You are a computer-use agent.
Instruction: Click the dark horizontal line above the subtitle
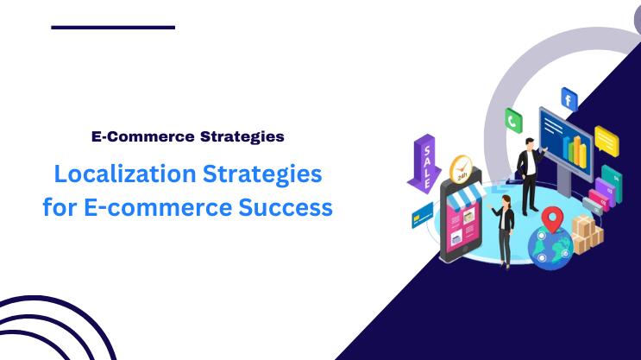click(x=113, y=27)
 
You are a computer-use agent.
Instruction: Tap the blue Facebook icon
click(x=569, y=98)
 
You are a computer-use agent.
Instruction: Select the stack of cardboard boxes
click(x=587, y=233)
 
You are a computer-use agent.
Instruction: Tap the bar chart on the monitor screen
click(x=574, y=148)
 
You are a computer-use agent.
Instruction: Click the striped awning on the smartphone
click(x=462, y=200)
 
